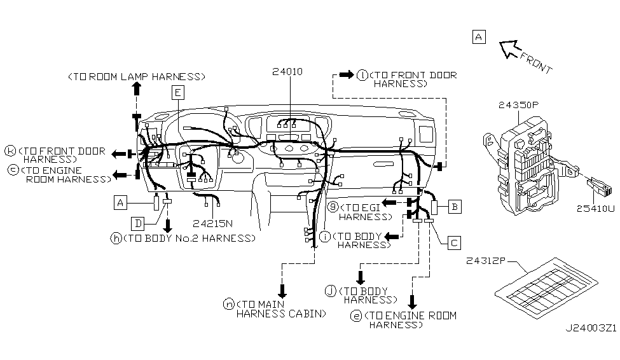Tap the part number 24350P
(x=519, y=104)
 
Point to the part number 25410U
(x=596, y=208)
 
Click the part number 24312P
(x=486, y=260)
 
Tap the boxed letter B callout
(x=454, y=206)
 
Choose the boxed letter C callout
(x=453, y=242)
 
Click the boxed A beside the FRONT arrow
(x=479, y=37)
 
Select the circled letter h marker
(x=116, y=238)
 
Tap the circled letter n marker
(x=229, y=304)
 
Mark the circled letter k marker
(x=10, y=151)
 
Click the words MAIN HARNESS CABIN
(x=280, y=308)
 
